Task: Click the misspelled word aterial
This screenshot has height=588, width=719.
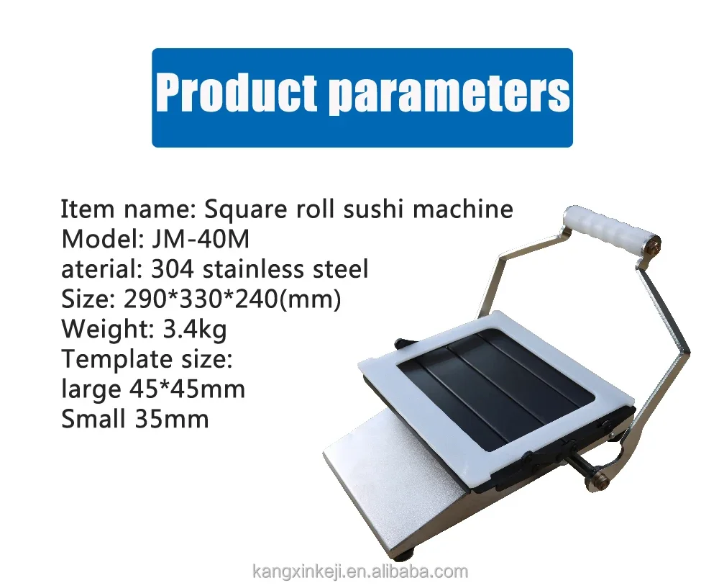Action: (101, 269)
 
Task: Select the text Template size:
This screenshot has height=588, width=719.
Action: (147, 358)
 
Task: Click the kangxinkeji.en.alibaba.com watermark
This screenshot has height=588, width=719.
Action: (360, 572)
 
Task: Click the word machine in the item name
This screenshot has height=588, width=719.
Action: (467, 209)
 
